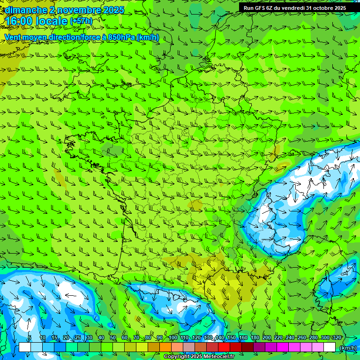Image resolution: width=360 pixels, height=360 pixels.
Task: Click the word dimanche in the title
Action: (x=26, y=10)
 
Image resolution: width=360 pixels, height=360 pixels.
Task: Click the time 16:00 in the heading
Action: (x=20, y=21)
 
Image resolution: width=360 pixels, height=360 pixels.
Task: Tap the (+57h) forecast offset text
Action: (x=81, y=21)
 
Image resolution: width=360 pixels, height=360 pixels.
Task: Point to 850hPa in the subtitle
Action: (x=121, y=37)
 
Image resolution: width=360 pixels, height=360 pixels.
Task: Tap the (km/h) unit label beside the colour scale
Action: (x=348, y=347)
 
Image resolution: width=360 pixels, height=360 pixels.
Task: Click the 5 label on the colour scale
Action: (x=30, y=338)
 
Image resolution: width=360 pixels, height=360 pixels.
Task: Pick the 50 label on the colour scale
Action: (x=113, y=338)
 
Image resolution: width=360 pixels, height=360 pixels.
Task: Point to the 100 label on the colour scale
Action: (x=173, y=338)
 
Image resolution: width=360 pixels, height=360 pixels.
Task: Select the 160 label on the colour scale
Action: (x=243, y=338)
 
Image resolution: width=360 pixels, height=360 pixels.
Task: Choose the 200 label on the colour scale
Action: (x=267, y=338)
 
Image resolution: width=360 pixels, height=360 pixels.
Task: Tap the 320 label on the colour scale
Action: (x=337, y=338)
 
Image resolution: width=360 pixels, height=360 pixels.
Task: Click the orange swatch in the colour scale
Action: (x=165, y=347)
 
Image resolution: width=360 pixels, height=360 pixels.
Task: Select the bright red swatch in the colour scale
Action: (x=224, y=347)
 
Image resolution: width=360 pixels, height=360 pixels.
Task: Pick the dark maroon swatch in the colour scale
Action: (x=247, y=347)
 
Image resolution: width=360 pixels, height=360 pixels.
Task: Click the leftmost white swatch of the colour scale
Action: (x=25, y=347)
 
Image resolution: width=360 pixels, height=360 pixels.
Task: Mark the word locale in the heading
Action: (x=52, y=21)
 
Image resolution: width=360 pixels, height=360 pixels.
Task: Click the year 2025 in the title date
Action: (x=111, y=10)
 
